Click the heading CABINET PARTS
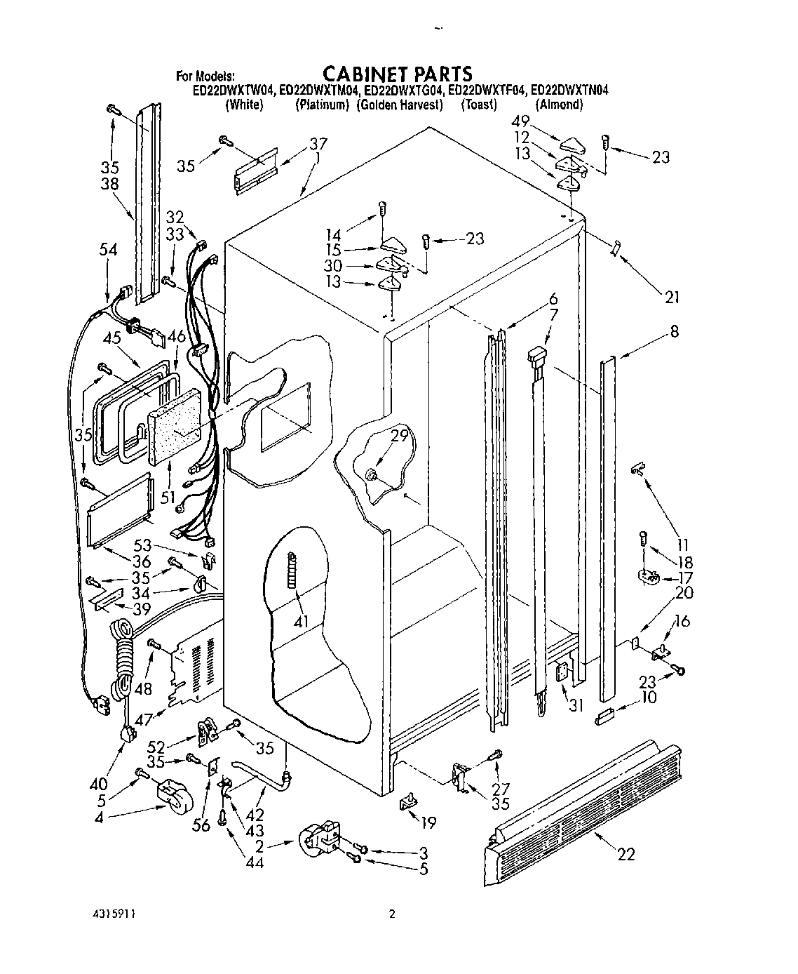397,73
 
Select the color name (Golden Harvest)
400,105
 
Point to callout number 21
672,298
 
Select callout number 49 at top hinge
540,121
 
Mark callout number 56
201,825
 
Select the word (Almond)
559,105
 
